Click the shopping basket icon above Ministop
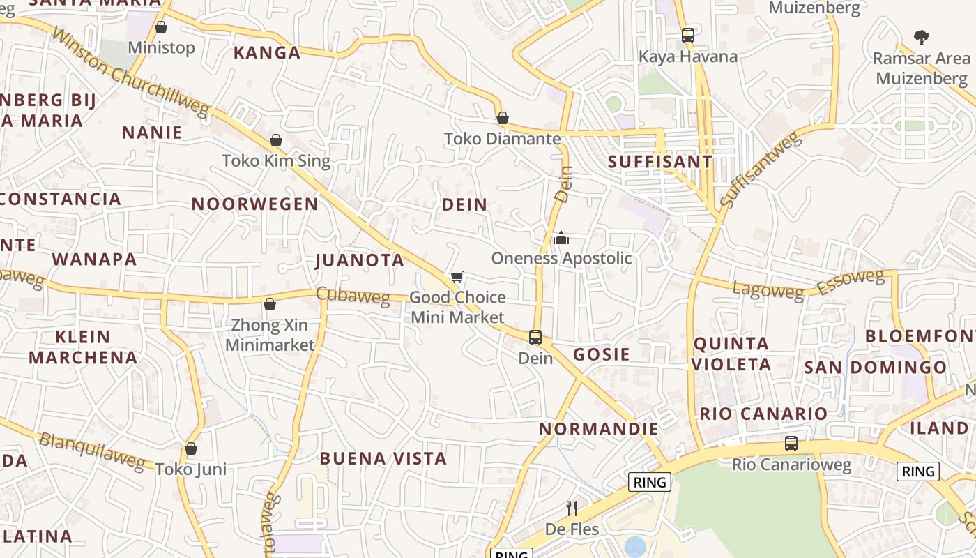[161, 28]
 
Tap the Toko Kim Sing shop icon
[276, 140]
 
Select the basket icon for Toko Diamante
[502, 118]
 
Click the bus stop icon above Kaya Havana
[688, 35]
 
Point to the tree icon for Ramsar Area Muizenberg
[922, 37]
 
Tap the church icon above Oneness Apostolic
[561, 238]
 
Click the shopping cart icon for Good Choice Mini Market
[457, 277]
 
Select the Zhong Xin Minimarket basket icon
[270, 304]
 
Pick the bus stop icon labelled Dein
[535, 338]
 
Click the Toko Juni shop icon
[191, 448]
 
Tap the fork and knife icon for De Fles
[572, 508]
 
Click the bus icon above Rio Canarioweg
[791, 444]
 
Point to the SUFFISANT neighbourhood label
[660, 162]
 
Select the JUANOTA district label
[360, 260]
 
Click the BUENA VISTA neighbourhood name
[383, 458]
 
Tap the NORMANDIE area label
[598, 428]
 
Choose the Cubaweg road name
[353, 295]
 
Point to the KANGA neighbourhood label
[267, 53]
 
